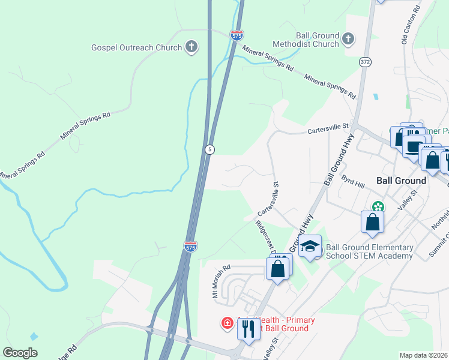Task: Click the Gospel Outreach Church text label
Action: click(x=136, y=47)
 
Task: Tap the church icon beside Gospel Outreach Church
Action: click(x=191, y=47)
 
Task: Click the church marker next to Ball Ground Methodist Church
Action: click(x=348, y=40)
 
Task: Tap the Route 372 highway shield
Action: click(x=366, y=62)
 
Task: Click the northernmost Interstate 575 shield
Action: click(x=237, y=36)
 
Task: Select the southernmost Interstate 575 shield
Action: click(x=190, y=247)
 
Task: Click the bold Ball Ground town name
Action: click(x=401, y=180)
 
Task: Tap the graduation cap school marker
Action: click(x=310, y=247)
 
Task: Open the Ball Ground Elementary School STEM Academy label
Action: click(x=370, y=251)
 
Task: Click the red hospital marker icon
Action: click(x=228, y=324)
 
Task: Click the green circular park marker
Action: click(x=377, y=207)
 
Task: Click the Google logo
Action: click(x=20, y=353)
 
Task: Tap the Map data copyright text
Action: click(x=424, y=355)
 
